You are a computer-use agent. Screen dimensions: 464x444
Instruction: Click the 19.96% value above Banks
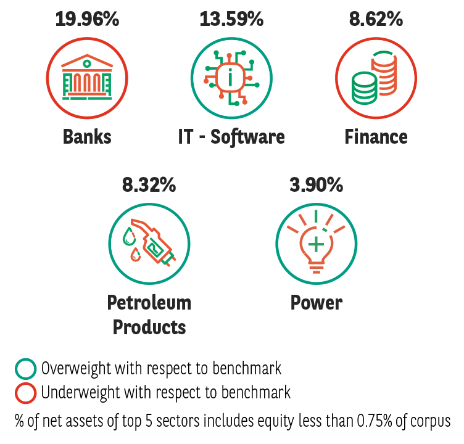[x=87, y=19]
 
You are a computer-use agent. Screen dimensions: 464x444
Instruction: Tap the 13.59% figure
[x=231, y=19]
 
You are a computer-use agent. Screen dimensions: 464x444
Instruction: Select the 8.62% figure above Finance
[x=376, y=19]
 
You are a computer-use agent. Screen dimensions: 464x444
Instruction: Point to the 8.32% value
[x=149, y=185]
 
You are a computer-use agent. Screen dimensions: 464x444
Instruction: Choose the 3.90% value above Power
[x=316, y=185]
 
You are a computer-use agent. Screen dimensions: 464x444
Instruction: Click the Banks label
[x=87, y=137]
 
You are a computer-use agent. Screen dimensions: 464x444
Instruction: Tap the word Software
[x=247, y=137]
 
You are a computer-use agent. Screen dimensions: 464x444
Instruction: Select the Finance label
[x=376, y=137]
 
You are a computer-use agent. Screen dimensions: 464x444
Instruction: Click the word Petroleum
[x=149, y=303]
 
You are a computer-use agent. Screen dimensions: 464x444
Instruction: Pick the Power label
[x=317, y=303]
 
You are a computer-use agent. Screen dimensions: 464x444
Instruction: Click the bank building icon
[x=87, y=77]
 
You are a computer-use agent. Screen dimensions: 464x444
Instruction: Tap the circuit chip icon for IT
[x=231, y=78]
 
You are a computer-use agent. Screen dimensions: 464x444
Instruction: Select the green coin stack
[x=364, y=88]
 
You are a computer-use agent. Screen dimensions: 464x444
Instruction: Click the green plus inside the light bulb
[x=316, y=244]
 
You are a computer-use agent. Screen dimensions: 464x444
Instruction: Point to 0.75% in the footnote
[x=375, y=421]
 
